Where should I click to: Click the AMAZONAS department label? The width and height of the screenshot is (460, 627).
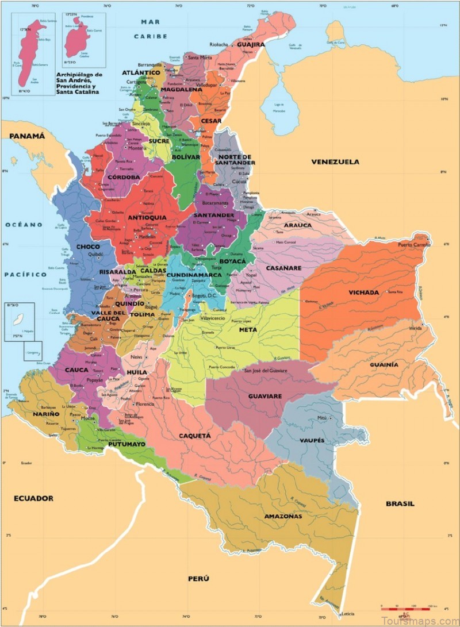(x=283, y=517)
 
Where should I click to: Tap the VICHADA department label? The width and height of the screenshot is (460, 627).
(x=363, y=293)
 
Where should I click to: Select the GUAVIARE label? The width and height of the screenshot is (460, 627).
(x=264, y=397)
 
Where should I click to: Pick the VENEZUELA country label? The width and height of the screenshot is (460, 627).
(x=335, y=162)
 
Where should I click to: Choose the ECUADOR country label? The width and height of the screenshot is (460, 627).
(x=34, y=498)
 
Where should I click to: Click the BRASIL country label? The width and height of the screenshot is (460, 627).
(x=400, y=503)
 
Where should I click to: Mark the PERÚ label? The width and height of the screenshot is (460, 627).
(x=198, y=579)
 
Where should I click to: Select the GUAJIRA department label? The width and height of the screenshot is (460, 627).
(x=250, y=44)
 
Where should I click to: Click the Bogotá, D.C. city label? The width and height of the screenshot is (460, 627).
(x=205, y=295)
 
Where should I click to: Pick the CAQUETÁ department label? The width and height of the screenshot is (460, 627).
(x=194, y=436)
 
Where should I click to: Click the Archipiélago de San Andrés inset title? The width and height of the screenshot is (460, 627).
(x=78, y=84)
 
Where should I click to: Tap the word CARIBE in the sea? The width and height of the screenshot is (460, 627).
(x=151, y=36)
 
